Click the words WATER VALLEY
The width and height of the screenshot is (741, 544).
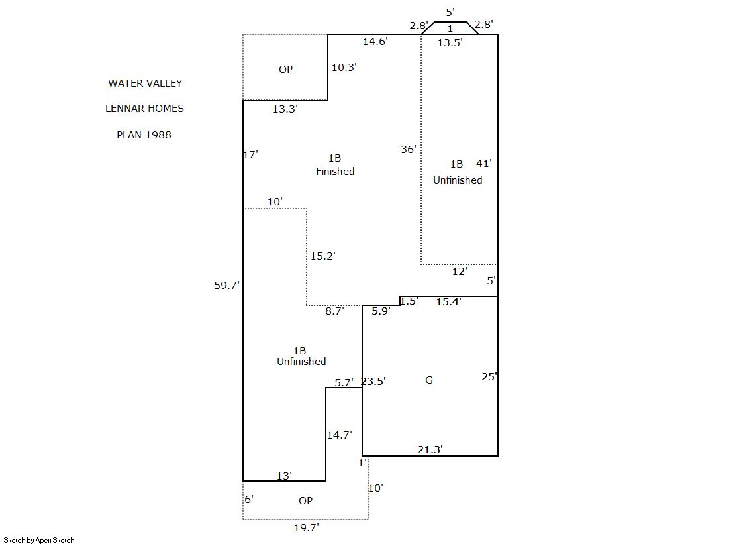pyautogui.click(x=145, y=83)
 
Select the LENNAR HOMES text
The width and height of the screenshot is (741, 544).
pyautogui.click(x=144, y=109)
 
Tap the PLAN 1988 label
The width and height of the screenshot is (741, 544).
pyautogui.click(x=144, y=135)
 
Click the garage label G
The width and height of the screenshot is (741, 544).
pyautogui.click(x=429, y=380)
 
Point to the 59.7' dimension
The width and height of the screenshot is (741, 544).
pyautogui.click(x=226, y=286)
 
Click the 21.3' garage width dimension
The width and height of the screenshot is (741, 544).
pyautogui.click(x=430, y=450)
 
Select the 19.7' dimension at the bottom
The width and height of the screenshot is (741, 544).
pyautogui.click(x=306, y=528)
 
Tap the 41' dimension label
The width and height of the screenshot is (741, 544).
pyautogui.click(x=484, y=164)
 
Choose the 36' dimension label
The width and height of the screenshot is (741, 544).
pyautogui.click(x=409, y=150)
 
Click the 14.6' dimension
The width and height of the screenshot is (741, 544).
pyautogui.click(x=375, y=42)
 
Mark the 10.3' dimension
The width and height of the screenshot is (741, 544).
pyautogui.click(x=344, y=67)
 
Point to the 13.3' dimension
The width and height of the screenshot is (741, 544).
pyautogui.click(x=285, y=109)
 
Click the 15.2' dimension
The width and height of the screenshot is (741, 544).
pyautogui.click(x=322, y=256)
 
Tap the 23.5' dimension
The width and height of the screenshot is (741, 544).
pyautogui.click(x=373, y=381)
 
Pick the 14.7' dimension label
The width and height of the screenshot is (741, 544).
pyautogui.click(x=339, y=435)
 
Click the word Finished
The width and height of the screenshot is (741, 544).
pyautogui.click(x=335, y=172)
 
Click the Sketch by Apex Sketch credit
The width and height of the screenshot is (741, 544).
pyautogui.click(x=39, y=540)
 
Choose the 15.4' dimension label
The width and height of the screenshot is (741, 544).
pyautogui.click(x=448, y=302)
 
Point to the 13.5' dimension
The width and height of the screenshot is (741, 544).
pyautogui.click(x=450, y=43)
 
